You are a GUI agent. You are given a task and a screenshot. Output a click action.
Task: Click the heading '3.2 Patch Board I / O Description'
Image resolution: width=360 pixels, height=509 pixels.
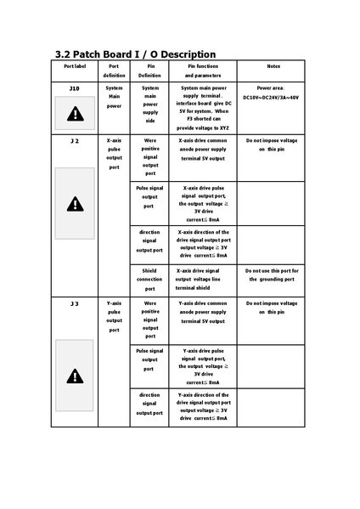(135, 54)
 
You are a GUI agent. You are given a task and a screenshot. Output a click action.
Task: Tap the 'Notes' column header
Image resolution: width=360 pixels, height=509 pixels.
(273, 65)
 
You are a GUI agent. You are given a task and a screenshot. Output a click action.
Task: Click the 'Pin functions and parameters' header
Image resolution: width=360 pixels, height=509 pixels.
(202, 71)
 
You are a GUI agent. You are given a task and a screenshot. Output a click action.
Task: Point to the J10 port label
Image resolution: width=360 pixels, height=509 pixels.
(75, 88)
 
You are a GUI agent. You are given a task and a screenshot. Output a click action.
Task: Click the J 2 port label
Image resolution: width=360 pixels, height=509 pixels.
(75, 141)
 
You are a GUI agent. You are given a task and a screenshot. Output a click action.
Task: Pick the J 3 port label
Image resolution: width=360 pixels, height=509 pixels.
(75, 303)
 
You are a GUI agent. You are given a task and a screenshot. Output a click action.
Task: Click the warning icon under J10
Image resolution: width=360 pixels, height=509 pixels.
(76, 113)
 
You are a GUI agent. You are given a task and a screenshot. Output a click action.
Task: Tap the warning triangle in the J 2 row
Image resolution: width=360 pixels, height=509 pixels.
(76, 203)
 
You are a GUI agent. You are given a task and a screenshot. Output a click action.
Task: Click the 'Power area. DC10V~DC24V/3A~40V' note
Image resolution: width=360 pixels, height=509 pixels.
(272, 93)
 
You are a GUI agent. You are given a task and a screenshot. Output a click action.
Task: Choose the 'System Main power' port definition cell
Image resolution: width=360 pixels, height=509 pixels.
(114, 97)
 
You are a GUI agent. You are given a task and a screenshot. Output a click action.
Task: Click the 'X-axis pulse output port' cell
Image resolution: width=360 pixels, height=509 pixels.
(114, 153)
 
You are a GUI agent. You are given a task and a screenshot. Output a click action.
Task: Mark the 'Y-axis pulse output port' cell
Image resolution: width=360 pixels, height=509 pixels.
(114, 316)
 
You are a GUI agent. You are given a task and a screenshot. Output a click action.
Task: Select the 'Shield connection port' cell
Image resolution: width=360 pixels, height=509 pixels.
(149, 280)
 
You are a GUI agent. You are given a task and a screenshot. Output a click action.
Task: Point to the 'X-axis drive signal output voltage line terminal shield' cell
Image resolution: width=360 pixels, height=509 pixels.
(202, 280)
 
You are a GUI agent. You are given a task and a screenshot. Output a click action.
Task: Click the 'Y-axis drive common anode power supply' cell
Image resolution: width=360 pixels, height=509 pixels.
(202, 312)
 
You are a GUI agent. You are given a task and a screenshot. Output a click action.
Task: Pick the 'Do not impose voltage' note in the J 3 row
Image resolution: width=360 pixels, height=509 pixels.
(272, 308)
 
